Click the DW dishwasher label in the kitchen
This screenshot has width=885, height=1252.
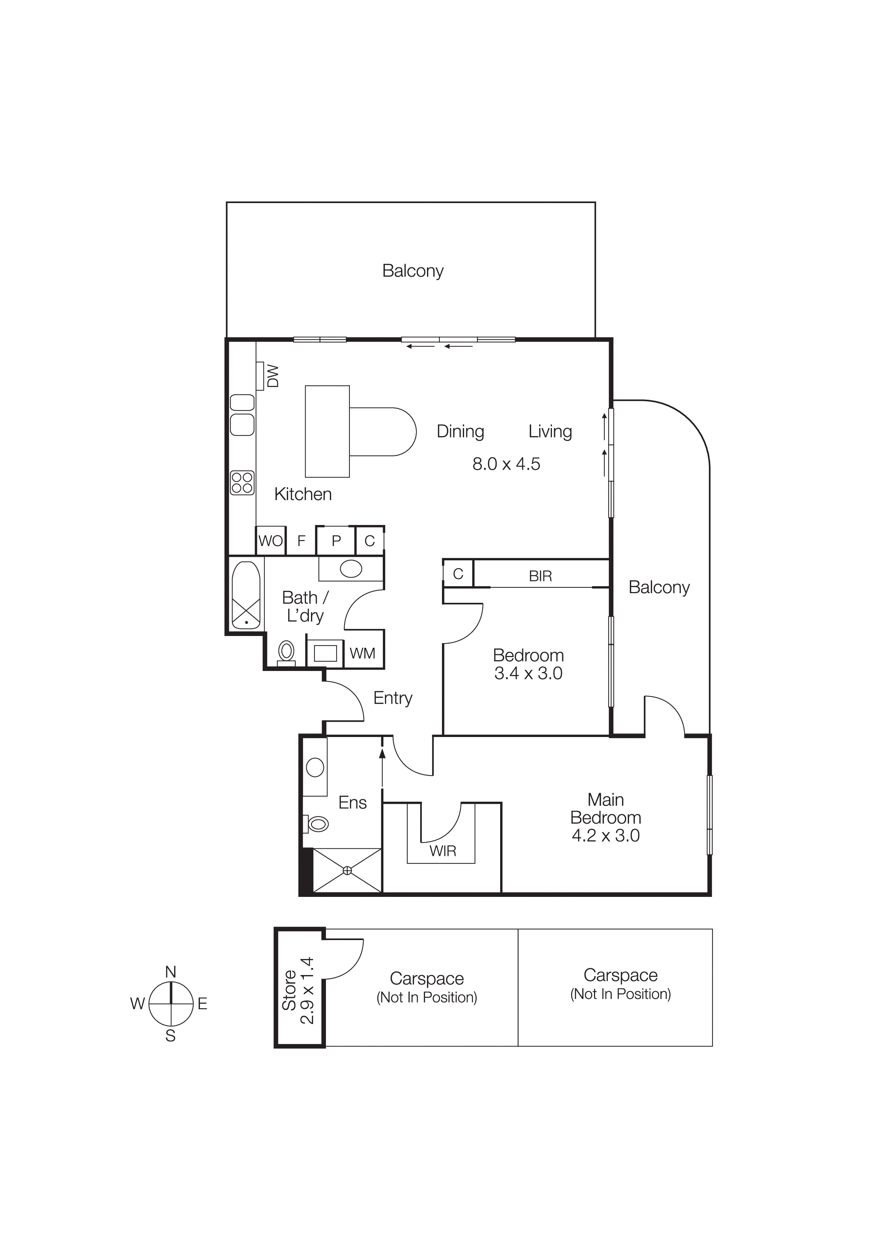coord(273,376)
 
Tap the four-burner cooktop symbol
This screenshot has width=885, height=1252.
coord(242,483)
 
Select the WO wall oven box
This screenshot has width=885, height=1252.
coord(271,541)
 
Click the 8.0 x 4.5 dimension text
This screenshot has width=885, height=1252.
coord(506,464)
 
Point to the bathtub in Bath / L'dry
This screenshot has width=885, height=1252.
coord(246,595)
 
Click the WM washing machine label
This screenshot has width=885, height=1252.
coord(362,653)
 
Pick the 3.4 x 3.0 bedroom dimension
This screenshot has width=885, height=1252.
coord(528,673)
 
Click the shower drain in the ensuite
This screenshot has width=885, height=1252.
coord(347,871)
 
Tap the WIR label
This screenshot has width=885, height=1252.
coord(442,851)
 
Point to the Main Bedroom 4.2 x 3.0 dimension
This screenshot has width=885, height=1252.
coord(605,835)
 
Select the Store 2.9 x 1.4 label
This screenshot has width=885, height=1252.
coord(298,990)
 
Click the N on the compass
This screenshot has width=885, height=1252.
coord(171,972)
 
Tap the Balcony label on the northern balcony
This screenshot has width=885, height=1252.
coord(412,271)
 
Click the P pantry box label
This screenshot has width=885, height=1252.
coord(336,541)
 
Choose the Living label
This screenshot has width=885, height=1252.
coord(550,431)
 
